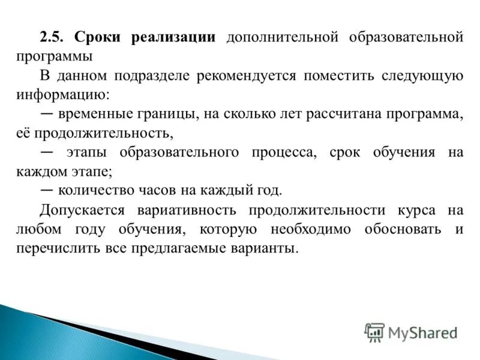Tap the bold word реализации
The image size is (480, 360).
pyautogui.click(x=173, y=37)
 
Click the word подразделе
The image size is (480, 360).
pyautogui.click(x=157, y=76)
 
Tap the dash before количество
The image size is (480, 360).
pyautogui.click(x=47, y=190)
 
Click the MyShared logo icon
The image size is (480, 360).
pyautogui.click(x=374, y=332)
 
